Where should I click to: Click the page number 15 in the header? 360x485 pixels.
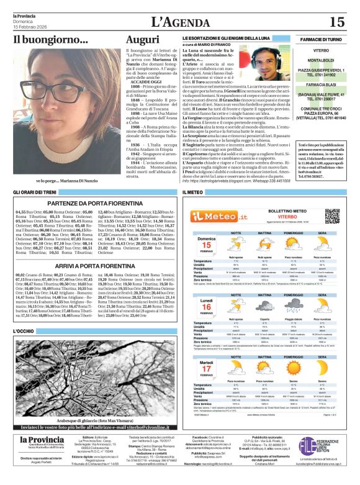[x=336, y=22]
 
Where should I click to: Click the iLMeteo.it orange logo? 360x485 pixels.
[x=214, y=215]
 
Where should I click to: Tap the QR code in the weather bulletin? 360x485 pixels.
[x=332, y=215]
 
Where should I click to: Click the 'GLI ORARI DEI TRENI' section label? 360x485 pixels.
[x=35, y=193]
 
